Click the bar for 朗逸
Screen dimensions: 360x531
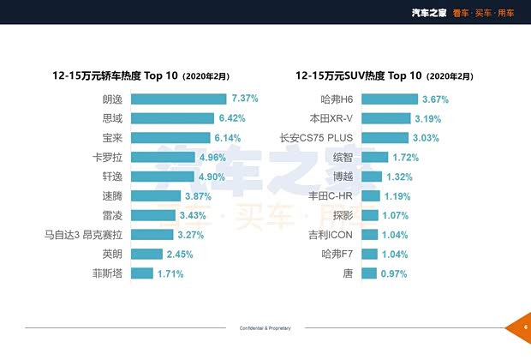click(x=178, y=99)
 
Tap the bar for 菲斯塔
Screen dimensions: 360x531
click(x=142, y=273)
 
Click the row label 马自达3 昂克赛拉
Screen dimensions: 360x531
click(x=84, y=235)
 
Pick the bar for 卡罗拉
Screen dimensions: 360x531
click(x=163, y=157)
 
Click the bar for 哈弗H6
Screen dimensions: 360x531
click(x=389, y=99)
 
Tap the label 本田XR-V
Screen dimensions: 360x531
click(x=329, y=118)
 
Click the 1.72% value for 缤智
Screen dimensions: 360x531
click(x=406, y=157)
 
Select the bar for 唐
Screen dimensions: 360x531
click(x=368, y=273)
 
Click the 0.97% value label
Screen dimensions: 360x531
click(x=393, y=273)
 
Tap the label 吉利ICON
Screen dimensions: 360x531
click(x=331, y=235)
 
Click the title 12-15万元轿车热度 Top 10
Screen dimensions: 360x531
click(x=141, y=75)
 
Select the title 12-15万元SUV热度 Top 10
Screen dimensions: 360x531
click(x=383, y=75)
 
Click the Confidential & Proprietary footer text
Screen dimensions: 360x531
click(x=265, y=328)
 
